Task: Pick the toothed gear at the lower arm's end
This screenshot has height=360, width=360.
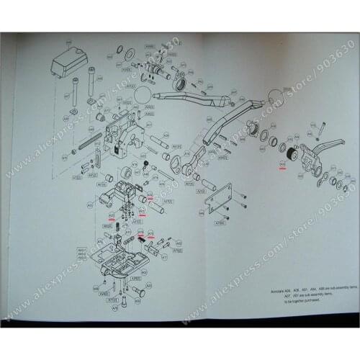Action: pos(254,131)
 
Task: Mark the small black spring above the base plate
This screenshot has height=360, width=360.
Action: pos(141,235)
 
